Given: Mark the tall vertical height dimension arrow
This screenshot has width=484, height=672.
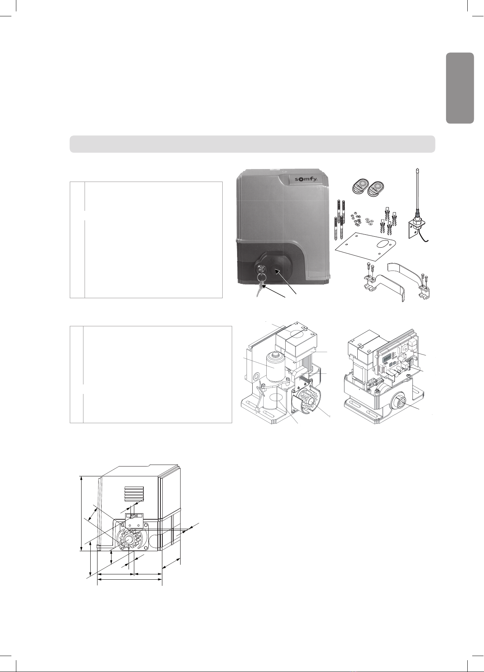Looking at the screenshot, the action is [x=82, y=513].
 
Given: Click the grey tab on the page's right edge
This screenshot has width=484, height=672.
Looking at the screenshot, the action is [x=460, y=88].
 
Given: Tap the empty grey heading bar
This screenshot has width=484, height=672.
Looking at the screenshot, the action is [x=252, y=144].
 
